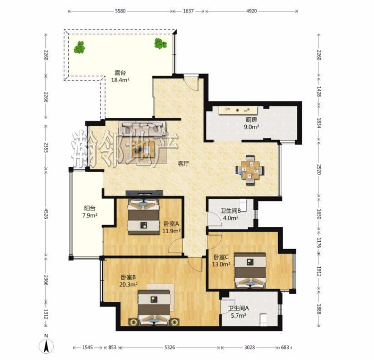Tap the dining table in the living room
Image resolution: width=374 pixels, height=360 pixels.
coord(250,170)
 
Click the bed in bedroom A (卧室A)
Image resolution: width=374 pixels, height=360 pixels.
coord(143,217)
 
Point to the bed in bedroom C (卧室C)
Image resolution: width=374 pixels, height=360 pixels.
coord(250,270)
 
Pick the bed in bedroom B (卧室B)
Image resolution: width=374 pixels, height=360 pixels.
coord(154,308)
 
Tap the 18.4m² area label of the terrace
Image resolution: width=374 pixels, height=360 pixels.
coord(120,80)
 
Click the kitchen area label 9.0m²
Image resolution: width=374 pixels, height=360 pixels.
coord(251,127)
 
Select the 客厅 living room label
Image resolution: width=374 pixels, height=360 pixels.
coord(184,164)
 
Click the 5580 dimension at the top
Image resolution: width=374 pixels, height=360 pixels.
coord(120,11)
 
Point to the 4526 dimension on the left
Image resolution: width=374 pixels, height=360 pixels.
coord(46,214)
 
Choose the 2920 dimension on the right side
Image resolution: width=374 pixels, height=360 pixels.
coord(319,169)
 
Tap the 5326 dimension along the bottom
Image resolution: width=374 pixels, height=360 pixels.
coord(170,347)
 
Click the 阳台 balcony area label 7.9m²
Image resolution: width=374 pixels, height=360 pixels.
coord(90,215)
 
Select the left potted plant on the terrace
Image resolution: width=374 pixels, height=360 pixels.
coord(80,47)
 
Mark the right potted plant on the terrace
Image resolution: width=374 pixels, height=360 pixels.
coord(160,44)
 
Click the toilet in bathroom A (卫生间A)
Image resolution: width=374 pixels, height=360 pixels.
coord(263,319)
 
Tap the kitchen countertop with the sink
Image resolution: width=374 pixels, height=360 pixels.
coord(238,110)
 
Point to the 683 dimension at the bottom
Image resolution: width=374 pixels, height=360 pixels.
coord(285,347)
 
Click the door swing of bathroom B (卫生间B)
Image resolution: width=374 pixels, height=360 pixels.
coord(214,218)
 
